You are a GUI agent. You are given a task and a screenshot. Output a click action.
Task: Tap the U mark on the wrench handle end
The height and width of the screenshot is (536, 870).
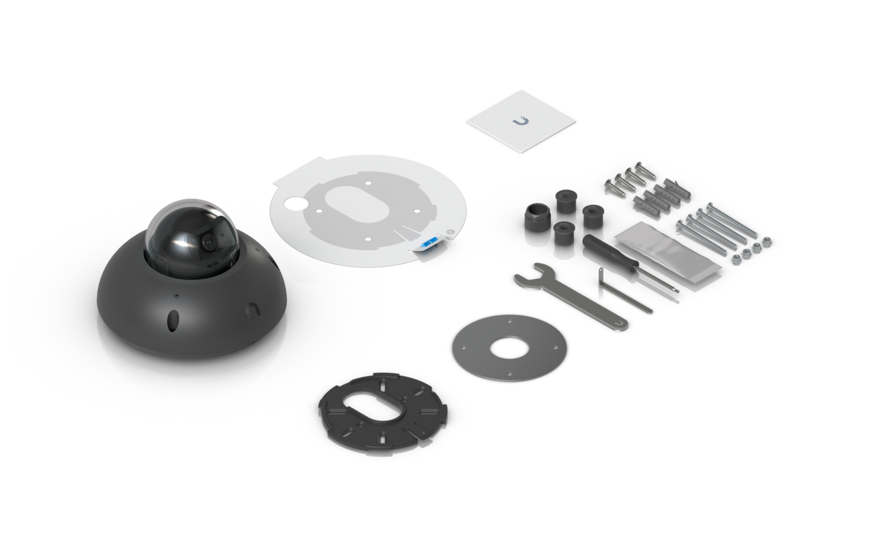coord(619,323)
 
